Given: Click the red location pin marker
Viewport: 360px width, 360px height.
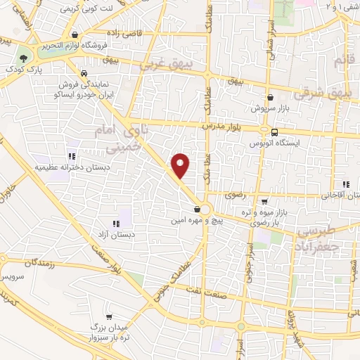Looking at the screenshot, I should (181, 165).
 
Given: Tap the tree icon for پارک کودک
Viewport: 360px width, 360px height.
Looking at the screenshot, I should (25, 58).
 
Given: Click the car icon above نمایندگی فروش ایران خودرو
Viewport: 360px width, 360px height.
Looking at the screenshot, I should (84, 73).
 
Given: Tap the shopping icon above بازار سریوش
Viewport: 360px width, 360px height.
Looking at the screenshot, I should (270, 98).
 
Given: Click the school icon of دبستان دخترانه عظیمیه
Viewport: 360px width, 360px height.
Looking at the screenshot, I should (70, 156).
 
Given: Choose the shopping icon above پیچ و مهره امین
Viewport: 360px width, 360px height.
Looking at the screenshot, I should (198, 209).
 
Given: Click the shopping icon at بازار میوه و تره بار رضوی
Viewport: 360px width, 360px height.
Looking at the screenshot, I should (264, 201).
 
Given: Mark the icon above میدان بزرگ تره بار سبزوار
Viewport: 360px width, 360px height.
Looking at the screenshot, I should (109, 317).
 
